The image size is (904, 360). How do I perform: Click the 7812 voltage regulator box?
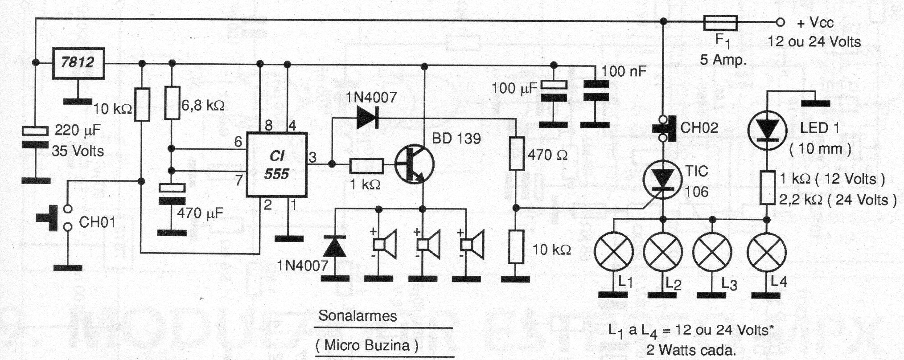pyautogui.click(x=78, y=63)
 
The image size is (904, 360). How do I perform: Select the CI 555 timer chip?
pyautogui.click(x=277, y=165)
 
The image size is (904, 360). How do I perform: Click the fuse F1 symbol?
pyautogui.click(x=720, y=22)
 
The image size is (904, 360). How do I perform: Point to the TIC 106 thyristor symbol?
pyautogui.click(x=663, y=180)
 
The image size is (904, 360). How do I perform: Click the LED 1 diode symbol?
pyautogui.click(x=767, y=128)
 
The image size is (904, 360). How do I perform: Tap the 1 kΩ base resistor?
pyautogui.click(x=366, y=166)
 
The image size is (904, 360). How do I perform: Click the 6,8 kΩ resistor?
pyautogui.click(x=172, y=103)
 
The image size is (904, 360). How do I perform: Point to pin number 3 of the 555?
pyautogui.click(x=312, y=158)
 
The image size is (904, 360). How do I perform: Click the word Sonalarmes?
pyautogui.click(x=357, y=316)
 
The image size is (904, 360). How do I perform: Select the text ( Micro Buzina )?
pyautogui.click(x=367, y=345)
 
